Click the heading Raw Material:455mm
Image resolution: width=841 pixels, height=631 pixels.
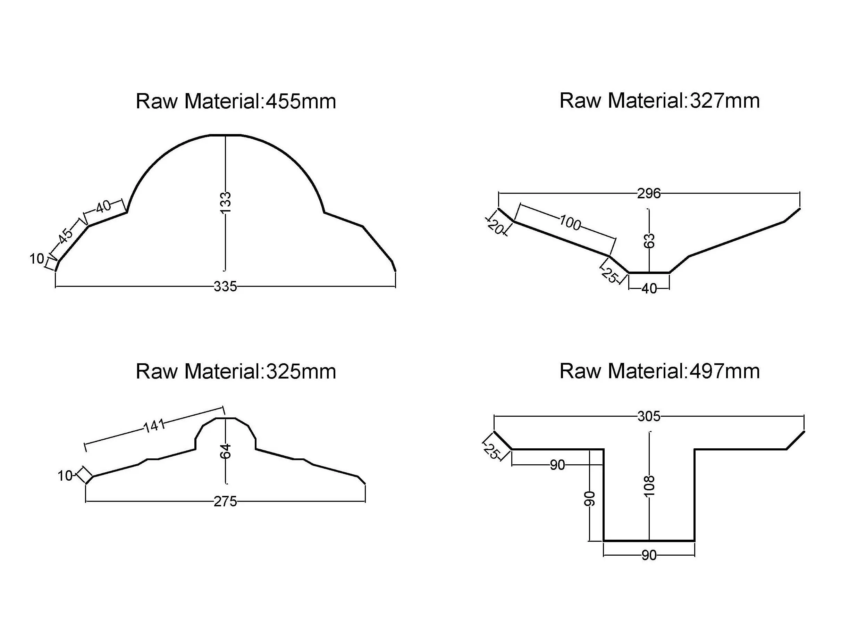[236, 101]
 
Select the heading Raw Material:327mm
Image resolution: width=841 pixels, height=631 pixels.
[659, 101]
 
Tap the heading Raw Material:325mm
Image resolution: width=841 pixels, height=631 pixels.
[236, 372]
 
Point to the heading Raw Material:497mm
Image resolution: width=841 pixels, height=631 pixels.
[659, 371]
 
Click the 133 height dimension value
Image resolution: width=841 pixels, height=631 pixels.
[226, 203]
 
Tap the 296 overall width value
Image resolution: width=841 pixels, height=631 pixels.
[649, 193]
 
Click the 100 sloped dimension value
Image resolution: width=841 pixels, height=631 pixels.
[570, 223]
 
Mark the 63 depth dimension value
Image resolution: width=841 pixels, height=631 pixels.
[649, 241]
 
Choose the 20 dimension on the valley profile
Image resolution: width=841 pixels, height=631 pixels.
[496, 227]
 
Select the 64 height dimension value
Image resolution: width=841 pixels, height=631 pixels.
[226, 451]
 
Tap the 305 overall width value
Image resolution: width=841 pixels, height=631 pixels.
[649, 416]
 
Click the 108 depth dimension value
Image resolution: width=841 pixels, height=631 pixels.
[649, 486]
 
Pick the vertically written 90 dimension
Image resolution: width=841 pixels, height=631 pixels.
[589, 499]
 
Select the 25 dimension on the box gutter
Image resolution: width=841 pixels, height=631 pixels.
[491, 451]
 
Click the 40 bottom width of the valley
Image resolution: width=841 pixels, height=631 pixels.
[649, 289]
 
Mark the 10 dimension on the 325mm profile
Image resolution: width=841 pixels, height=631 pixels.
[65, 476]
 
